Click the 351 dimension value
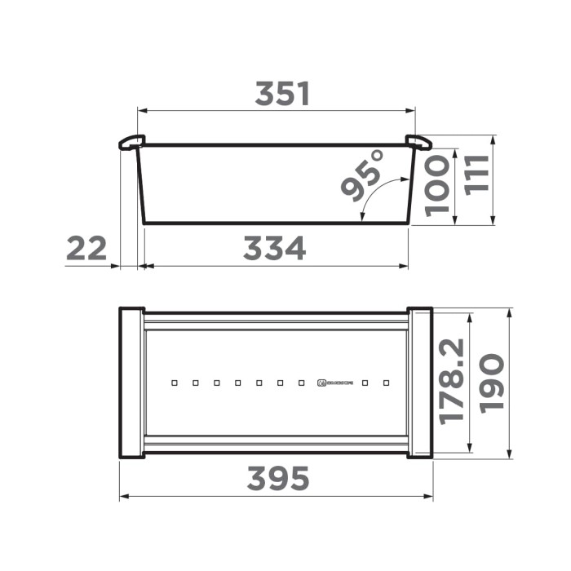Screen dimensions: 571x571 282,95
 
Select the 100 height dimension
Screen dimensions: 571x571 438,185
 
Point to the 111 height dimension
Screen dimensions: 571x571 476,175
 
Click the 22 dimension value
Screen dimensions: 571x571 86,249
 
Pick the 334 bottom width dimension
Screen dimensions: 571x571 274,249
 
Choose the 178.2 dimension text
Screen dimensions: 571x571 451,381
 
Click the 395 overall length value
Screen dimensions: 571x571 278,479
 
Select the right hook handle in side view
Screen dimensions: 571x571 418,143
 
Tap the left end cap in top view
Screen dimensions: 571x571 132,382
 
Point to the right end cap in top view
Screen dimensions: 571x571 419,382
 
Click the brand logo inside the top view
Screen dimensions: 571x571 338,382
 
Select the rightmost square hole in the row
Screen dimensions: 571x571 386,382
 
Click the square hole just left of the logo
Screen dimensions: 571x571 301,382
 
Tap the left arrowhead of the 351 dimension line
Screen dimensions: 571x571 141,109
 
